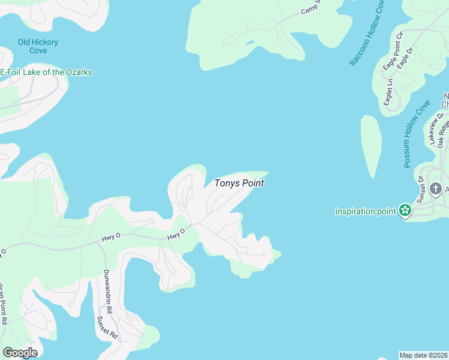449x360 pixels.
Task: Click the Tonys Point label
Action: tap(240, 184)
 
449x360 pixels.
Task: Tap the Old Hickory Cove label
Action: tap(38, 46)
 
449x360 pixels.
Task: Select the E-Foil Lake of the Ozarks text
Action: tap(46, 73)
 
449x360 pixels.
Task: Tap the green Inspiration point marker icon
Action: tap(405, 211)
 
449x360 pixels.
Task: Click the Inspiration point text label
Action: tap(366, 211)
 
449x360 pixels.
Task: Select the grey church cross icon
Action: tap(444, 190)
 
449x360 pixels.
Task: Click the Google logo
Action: tap(20, 352)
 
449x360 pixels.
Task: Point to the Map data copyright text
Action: tap(424, 355)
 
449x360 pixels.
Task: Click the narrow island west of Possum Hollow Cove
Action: tap(370, 146)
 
